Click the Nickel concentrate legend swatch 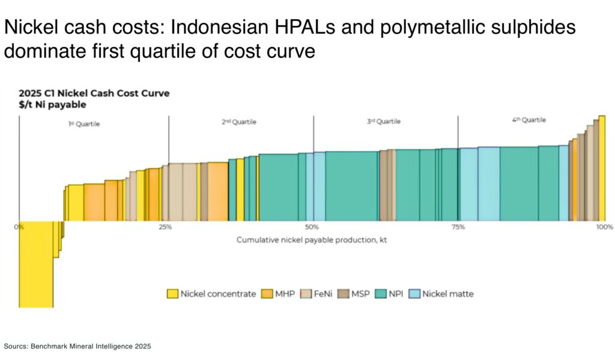point(172,294)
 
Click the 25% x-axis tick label point(165,227)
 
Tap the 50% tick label point(312,227)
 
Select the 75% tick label point(458,227)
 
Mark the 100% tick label point(604,227)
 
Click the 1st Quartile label point(83,124)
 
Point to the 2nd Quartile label point(239,122)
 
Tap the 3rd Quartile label point(384,121)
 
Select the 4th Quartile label point(529,120)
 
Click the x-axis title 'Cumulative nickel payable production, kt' point(312,240)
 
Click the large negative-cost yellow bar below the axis point(35,264)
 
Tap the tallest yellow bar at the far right point(602,168)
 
